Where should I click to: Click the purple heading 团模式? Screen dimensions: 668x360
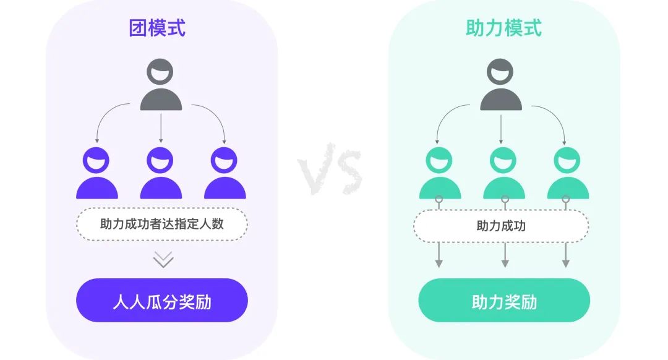point(157,28)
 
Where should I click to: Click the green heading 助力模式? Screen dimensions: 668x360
point(503,28)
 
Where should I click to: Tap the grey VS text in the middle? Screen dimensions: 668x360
point(329,168)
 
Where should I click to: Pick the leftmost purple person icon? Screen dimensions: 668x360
point(97,173)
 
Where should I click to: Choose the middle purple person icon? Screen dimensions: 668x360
point(161,173)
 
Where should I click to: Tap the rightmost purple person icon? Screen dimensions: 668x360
point(225,173)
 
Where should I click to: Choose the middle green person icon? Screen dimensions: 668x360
point(504,173)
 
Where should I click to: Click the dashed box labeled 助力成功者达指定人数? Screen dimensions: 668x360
point(161,224)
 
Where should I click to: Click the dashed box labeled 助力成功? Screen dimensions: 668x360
point(501,226)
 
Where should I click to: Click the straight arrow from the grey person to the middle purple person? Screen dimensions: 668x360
point(161,128)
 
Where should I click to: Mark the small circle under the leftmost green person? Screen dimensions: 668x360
point(439,200)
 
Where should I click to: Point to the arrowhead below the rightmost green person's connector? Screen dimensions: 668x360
point(565,264)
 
